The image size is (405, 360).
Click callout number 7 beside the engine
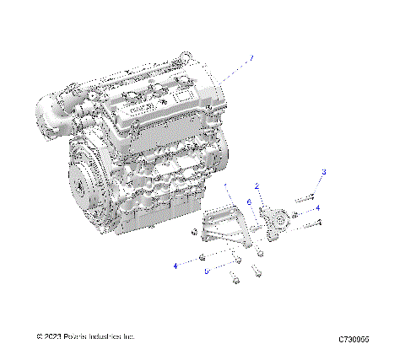pos(250,59)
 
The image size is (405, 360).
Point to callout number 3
pos(323,172)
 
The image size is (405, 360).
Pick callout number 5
pos(206,271)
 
